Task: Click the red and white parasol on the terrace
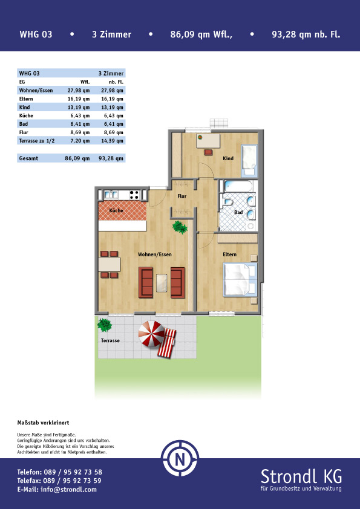point(151,334)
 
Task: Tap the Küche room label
point(116,210)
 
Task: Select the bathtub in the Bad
point(238,187)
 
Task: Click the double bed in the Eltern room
point(240,280)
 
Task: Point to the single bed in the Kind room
point(249,161)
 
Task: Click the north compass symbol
point(180,458)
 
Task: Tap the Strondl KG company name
point(301,476)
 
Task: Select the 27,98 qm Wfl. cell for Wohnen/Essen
point(79,91)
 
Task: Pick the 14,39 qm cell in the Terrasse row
point(112,141)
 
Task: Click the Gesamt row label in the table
point(28,158)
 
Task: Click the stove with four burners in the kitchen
point(134,195)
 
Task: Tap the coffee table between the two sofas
point(162,282)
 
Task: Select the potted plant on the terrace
point(105,325)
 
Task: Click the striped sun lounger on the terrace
point(166,343)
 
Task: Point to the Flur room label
point(182,196)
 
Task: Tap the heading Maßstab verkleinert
point(43,423)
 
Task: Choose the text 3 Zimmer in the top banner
point(112,34)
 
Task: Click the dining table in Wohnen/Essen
point(110,264)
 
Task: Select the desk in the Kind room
point(208,141)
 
